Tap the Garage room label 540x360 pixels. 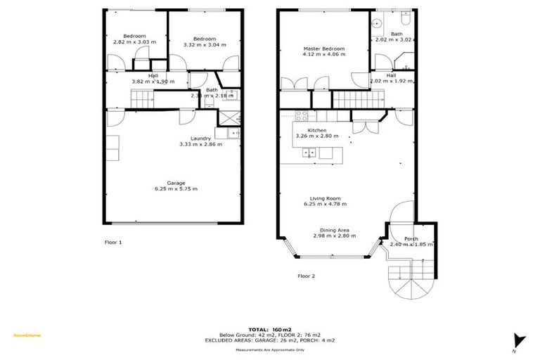click(176, 183)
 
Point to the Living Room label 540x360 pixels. click(325, 198)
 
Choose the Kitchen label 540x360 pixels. click(317, 130)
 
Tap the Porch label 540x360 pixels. click(411, 238)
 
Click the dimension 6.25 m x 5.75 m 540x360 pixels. click(176, 189)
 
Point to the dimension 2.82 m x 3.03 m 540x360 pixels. click(134, 42)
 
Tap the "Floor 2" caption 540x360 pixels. click(306, 276)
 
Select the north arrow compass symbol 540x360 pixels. click(519, 340)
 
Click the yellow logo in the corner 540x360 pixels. click(27, 335)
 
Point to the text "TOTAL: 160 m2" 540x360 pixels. click(269, 329)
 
